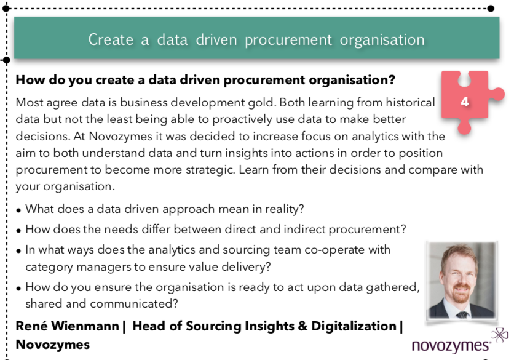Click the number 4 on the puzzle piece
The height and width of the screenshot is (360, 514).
(x=464, y=102)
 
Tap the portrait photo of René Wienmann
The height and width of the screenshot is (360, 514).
(x=462, y=281)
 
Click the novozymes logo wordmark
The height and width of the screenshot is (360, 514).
(x=451, y=346)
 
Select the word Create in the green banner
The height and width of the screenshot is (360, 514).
(x=111, y=40)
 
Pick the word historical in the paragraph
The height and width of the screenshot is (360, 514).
(x=410, y=102)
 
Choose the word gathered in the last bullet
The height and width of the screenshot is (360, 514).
(x=393, y=287)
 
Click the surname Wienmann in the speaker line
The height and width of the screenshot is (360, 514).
(x=85, y=326)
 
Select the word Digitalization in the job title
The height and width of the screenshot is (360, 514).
(x=354, y=327)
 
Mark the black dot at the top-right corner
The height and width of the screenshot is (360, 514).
(x=491, y=9)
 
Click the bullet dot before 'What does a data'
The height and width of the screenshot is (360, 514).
(x=18, y=210)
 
